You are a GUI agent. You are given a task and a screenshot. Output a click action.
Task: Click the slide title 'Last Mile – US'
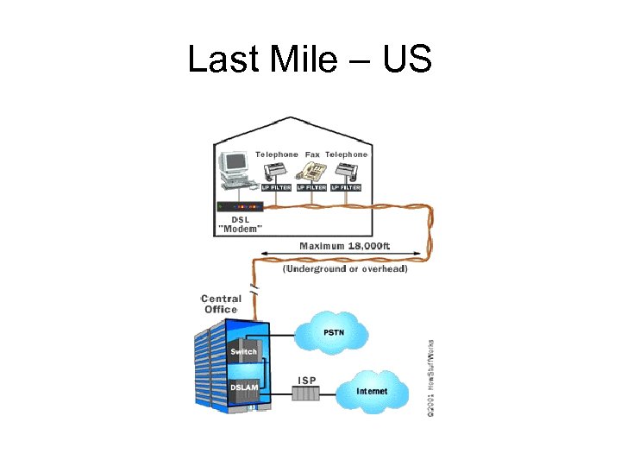coord(310,60)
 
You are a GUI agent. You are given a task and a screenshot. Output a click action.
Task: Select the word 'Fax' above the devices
coord(312,154)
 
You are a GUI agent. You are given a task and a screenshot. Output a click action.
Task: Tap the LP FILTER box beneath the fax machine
coord(311,187)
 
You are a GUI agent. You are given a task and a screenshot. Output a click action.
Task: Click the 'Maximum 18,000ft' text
coord(344,246)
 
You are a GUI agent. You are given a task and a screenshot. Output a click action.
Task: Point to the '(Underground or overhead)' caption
coord(345,269)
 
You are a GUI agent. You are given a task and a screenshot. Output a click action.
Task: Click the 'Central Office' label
coord(221,304)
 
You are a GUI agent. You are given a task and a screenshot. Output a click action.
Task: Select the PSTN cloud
coord(332,331)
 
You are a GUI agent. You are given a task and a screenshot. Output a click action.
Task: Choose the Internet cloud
coord(372,390)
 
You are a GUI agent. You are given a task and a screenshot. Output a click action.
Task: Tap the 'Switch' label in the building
coord(243,352)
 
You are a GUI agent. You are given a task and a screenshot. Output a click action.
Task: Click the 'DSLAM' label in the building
coord(244,389)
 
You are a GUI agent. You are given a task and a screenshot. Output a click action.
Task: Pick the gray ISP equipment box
coord(305,394)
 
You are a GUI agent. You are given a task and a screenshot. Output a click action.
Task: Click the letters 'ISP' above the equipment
coord(307,380)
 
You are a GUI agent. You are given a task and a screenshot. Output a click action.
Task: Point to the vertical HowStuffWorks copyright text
coord(430,378)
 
